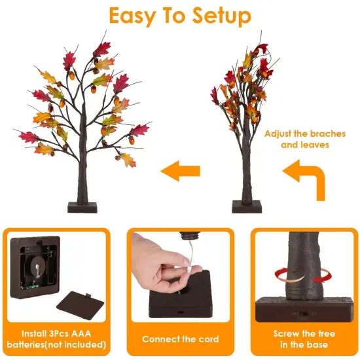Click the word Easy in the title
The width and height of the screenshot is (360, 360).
[134, 15]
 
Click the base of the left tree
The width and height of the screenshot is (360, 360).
[82, 207]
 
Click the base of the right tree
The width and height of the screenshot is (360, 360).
[247, 206]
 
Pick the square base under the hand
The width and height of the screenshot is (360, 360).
[179, 301]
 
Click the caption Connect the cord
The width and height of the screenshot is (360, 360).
[180, 339]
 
